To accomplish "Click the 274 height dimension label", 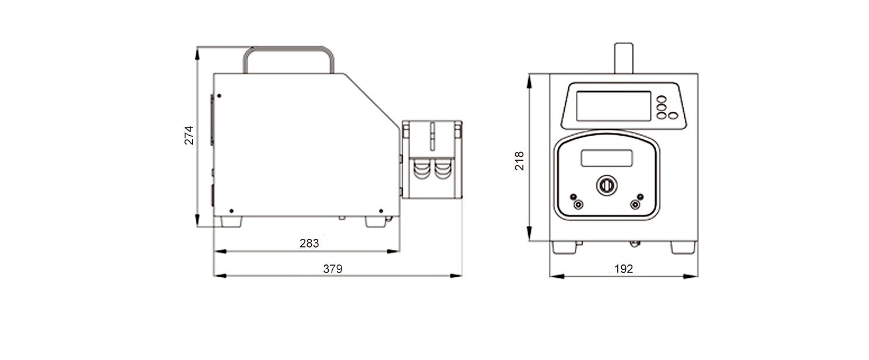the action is point(188,135).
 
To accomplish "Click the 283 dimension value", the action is point(309,243).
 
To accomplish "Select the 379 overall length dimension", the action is point(333,269).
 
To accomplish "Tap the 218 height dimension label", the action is point(519,161).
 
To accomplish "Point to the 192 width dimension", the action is point(624,269).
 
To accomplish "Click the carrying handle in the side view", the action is point(289,48).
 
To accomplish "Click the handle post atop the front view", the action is point(624,58).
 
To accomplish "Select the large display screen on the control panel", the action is point(613,106).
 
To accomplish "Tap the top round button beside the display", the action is point(662,99).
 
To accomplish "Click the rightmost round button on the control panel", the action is point(673,115).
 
